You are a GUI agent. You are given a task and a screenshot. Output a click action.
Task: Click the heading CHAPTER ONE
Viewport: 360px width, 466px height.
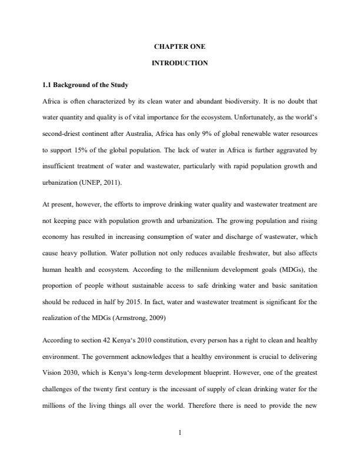tap(179, 46)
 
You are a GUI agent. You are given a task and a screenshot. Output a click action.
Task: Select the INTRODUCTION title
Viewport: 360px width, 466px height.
tap(179, 63)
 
